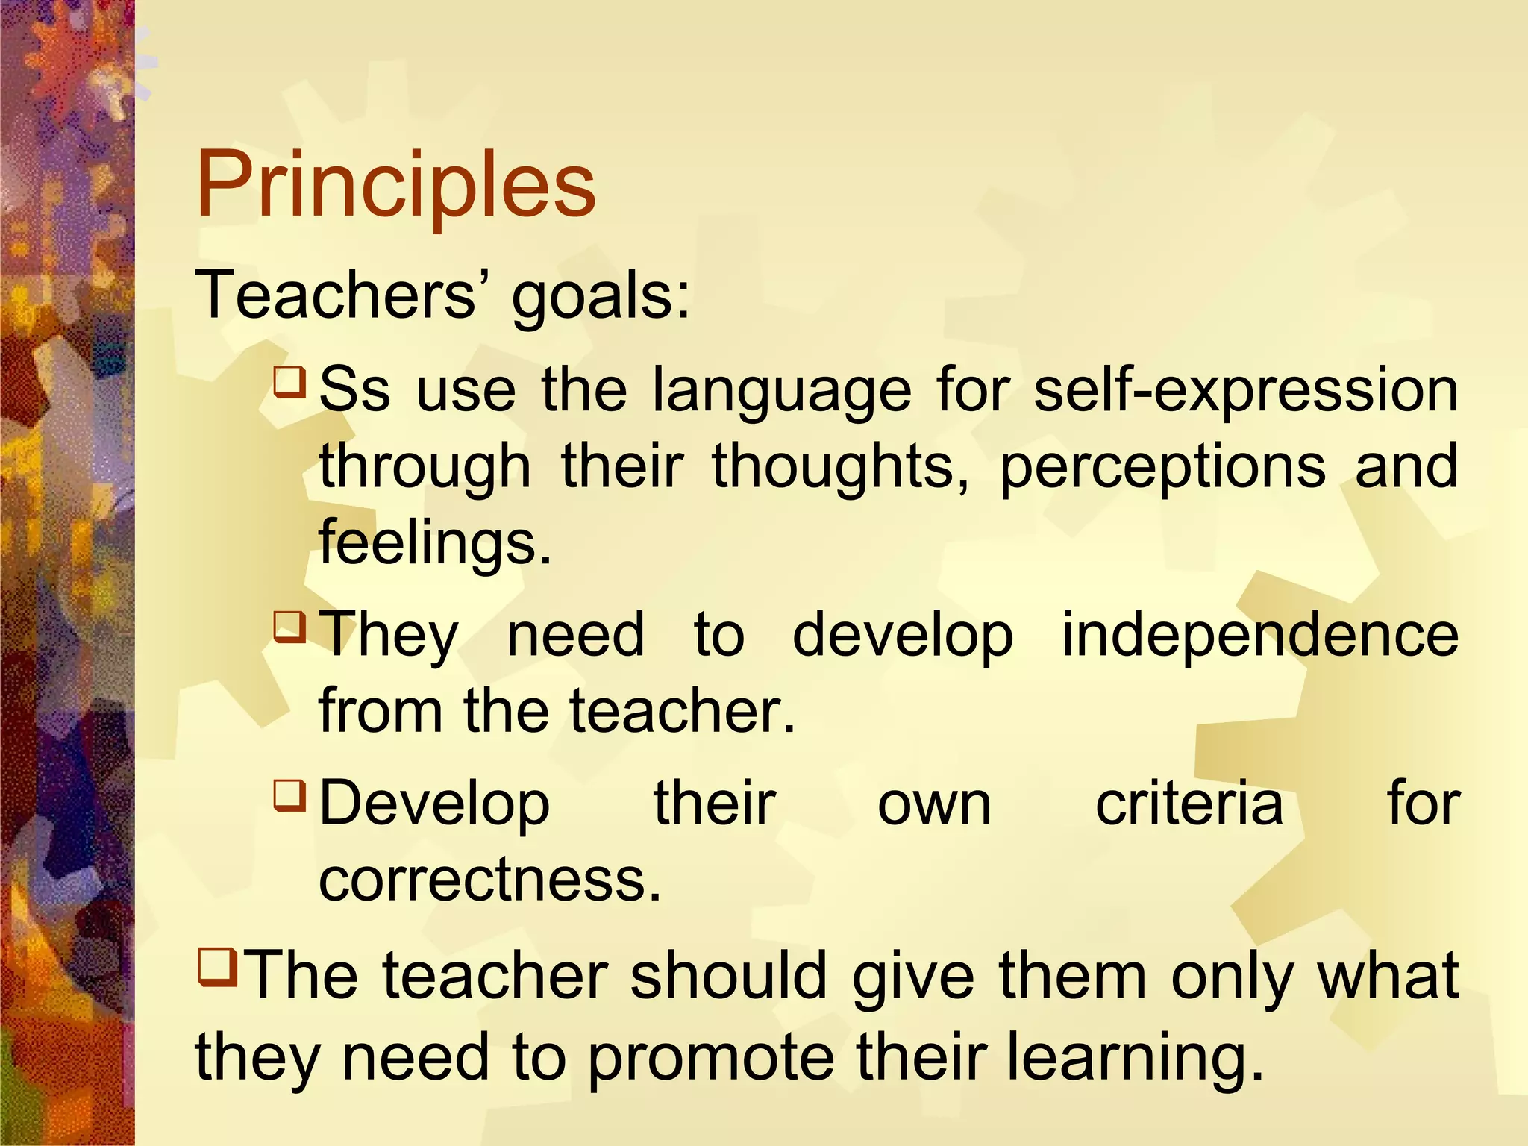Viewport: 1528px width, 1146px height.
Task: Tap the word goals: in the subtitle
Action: (x=601, y=297)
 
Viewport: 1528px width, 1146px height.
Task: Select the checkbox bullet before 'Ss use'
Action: (x=289, y=381)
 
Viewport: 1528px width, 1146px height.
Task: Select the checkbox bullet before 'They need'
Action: (x=289, y=627)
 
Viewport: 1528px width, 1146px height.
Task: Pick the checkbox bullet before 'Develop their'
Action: (x=289, y=795)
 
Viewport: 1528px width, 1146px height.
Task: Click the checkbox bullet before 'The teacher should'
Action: (x=217, y=966)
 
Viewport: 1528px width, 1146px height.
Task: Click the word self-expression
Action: (x=1245, y=390)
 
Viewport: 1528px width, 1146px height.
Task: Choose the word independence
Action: (x=1259, y=635)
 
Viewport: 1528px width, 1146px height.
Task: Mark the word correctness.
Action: (x=489, y=880)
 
